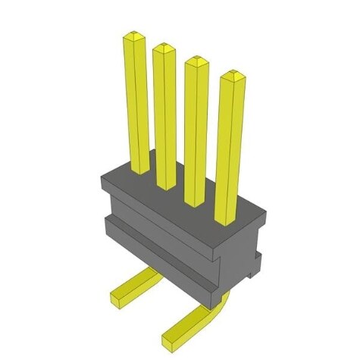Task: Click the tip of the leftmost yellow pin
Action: coord(134,35)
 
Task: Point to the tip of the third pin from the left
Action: coord(196,60)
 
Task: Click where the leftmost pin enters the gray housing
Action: coord(140,170)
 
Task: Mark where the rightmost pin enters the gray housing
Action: coord(226,221)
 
